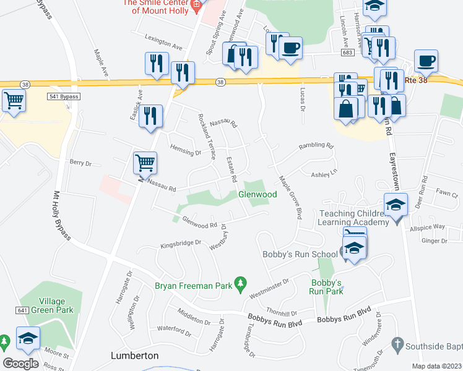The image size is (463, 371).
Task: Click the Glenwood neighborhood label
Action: [257, 195]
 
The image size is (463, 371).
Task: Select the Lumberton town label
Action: [134, 356]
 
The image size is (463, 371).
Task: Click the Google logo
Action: [20, 363]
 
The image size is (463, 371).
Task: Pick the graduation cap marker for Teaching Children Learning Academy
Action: [396, 205]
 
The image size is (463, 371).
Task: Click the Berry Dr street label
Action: [80, 163]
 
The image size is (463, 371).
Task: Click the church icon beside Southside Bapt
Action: [399, 344]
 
